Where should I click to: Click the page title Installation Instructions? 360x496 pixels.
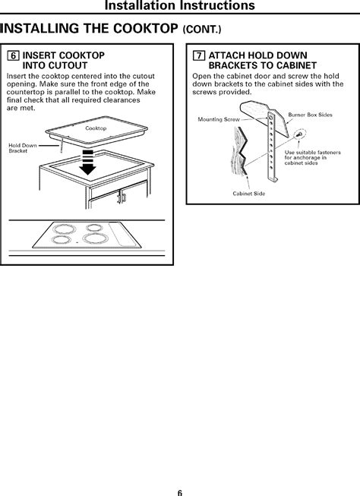coord(179,7)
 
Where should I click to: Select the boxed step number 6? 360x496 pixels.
coord(13,56)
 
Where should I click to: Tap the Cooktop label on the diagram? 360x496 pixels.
coord(95,128)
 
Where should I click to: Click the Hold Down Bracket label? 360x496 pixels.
coord(22,148)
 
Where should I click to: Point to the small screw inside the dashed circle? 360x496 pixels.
coord(298,134)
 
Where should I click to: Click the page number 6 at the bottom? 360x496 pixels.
coord(180,489)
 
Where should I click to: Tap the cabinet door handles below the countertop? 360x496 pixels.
coord(120,199)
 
